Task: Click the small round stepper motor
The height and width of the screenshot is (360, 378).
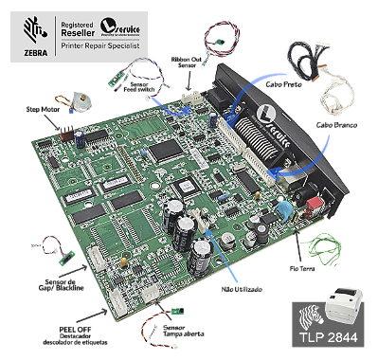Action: [x=73, y=99]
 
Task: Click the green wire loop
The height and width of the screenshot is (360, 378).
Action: [x=328, y=245]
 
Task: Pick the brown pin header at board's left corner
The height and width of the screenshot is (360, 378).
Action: [x=62, y=133]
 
